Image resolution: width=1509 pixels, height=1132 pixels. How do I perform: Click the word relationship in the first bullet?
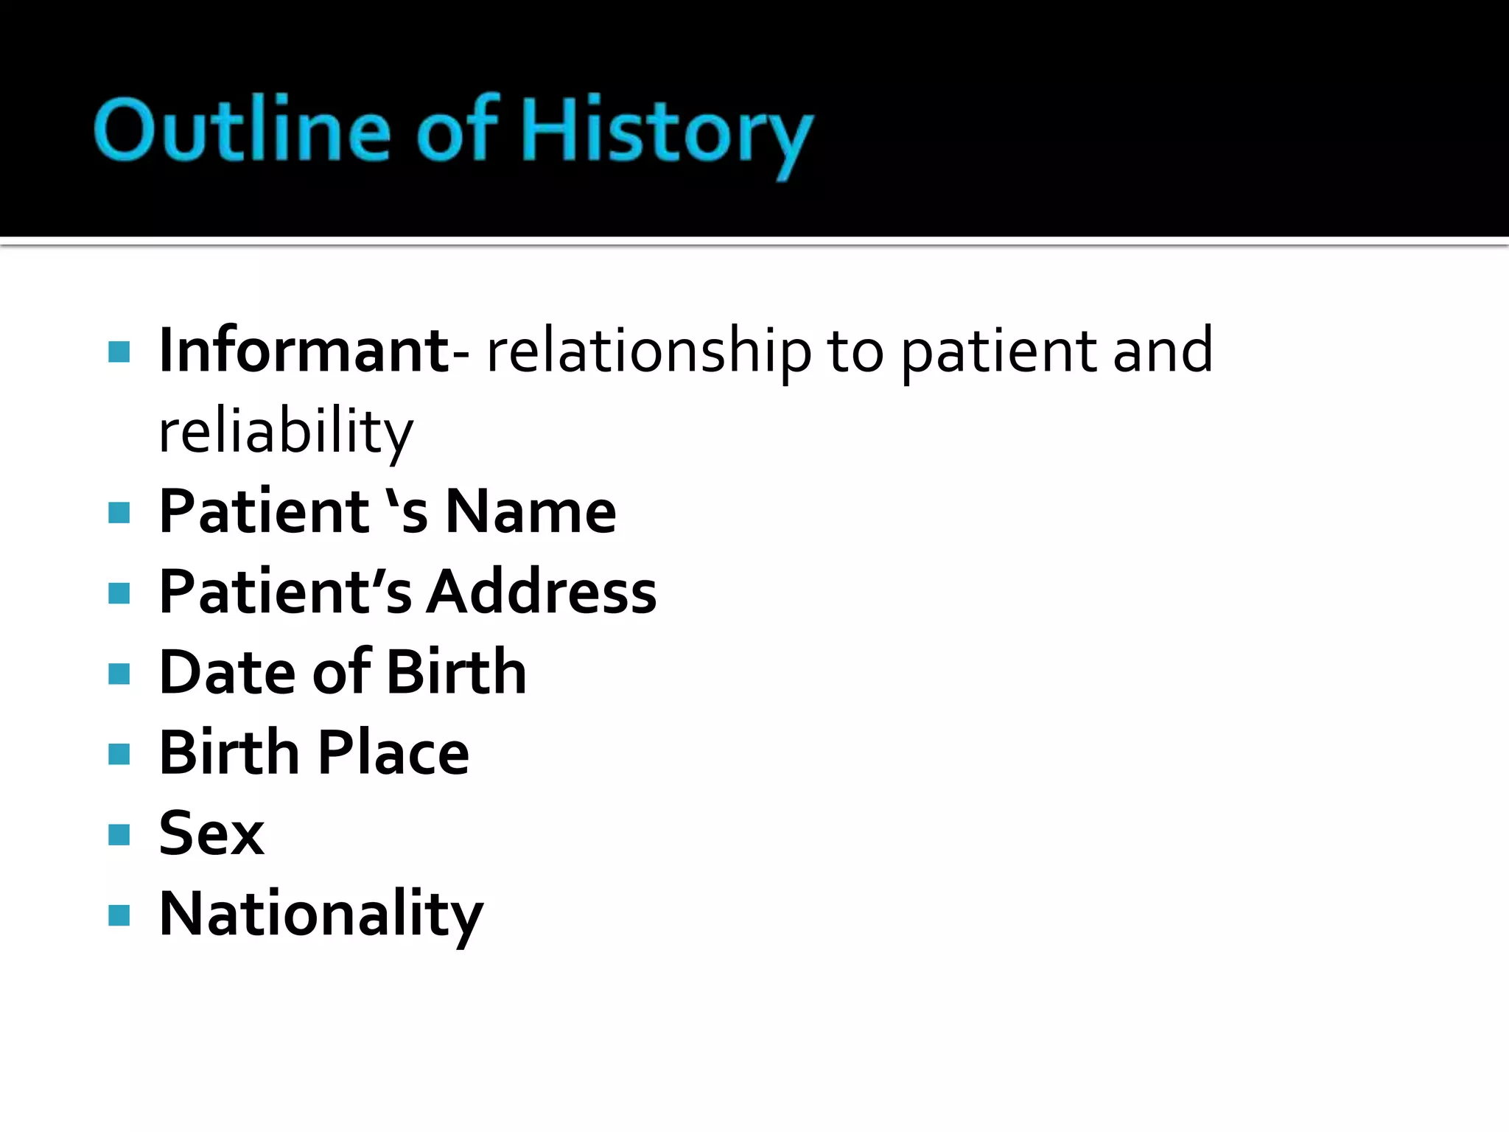click(649, 352)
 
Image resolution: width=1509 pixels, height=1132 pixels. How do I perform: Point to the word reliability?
click(286, 432)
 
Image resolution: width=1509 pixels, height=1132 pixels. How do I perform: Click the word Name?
click(531, 511)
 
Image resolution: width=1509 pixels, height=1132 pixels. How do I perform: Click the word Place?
click(393, 752)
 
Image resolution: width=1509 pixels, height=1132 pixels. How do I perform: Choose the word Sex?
click(211, 834)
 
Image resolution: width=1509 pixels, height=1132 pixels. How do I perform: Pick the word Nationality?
click(321, 915)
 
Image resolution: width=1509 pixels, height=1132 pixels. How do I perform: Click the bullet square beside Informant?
click(119, 352)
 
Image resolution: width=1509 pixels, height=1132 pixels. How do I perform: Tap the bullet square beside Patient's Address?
click(119, 593)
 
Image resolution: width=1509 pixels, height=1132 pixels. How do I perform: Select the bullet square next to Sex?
click(119, 834)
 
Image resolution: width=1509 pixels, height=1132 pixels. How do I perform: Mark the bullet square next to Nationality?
click(119, 915)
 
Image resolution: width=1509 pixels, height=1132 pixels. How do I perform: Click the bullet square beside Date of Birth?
click(119, 673)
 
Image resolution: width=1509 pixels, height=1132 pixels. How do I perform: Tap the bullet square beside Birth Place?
click(119, 754)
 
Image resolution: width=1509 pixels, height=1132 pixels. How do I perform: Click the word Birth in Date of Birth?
click(456, 672)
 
